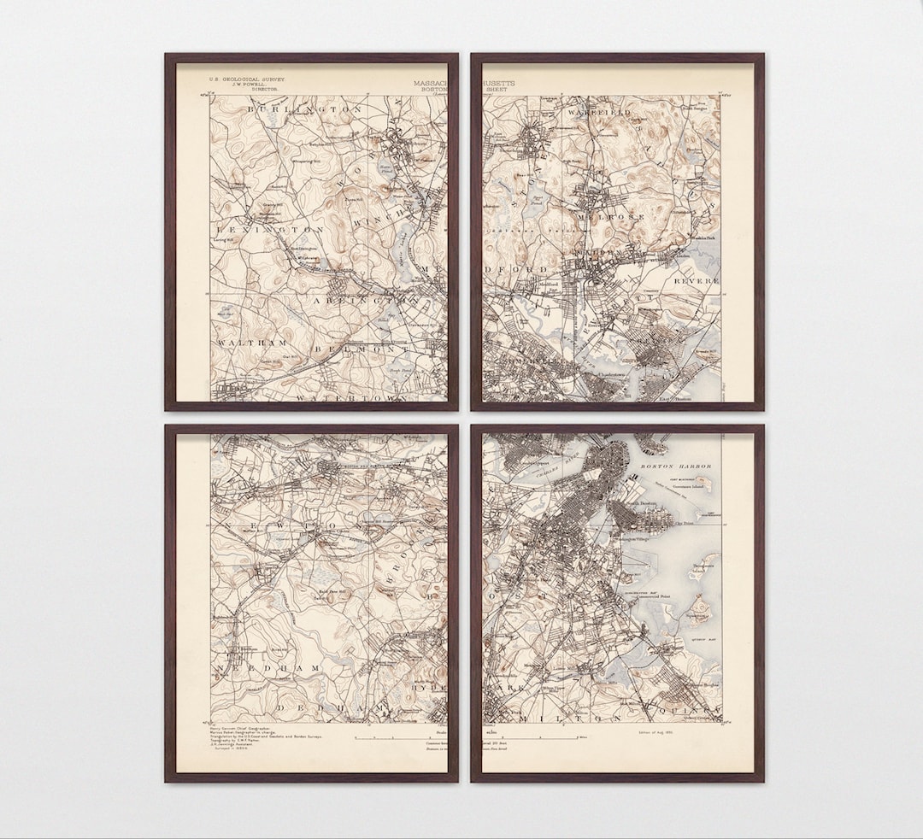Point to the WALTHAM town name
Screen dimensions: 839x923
(x=252, y=343)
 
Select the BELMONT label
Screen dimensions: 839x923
(x=362, y=349)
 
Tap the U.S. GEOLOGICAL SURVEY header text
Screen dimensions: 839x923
(x=248, y=79)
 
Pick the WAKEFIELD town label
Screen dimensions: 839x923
(x=598, y=112)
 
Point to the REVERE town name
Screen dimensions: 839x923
(x=697, y=280)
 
